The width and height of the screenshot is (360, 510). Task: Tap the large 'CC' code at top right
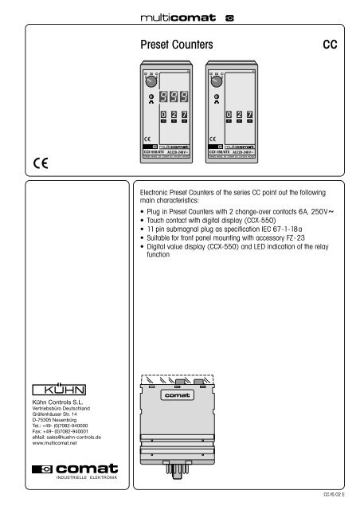point(329,45)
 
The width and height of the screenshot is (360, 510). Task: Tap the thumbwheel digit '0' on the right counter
point(228,116)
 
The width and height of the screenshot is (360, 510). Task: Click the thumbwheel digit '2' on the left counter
point(174,116)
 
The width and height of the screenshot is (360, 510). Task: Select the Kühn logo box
point(67,390)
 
